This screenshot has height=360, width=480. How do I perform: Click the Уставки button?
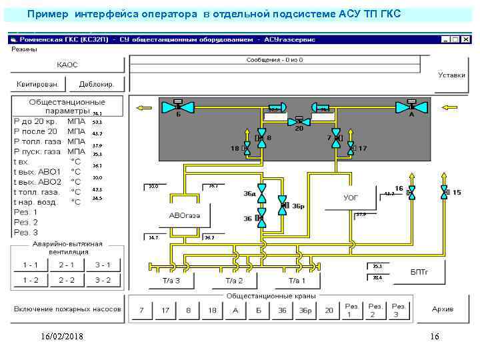451,75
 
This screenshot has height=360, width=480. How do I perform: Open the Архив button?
442,310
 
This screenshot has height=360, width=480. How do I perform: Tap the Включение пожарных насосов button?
67,310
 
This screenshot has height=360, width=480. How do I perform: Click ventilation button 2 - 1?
66,265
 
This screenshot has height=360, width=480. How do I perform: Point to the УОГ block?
351,198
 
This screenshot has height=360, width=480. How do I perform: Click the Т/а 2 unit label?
234,281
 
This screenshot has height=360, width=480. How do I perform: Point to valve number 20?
299,123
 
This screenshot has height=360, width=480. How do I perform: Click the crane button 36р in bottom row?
305,311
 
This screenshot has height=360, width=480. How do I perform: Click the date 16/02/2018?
61,337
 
